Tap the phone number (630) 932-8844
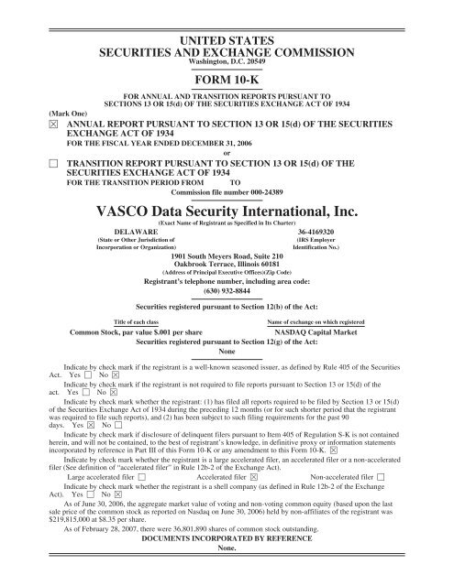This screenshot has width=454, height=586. click(226, 292)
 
